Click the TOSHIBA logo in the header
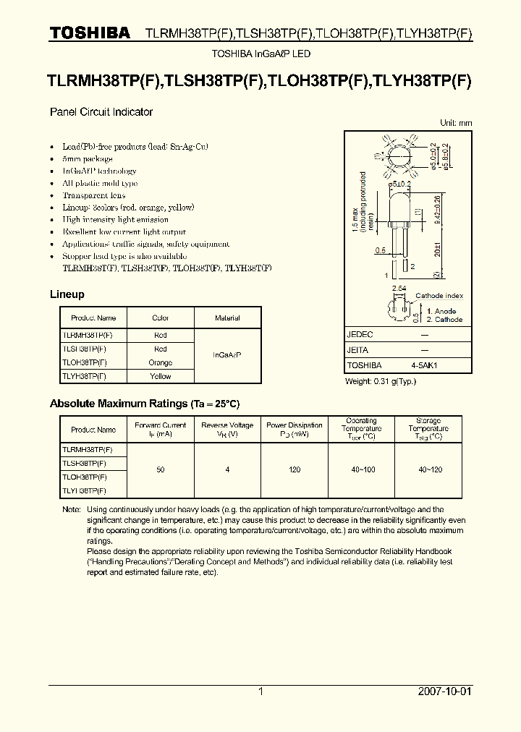89,33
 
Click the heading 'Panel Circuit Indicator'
101,112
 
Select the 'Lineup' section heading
67,294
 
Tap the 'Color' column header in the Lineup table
161,318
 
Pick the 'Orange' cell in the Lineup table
161,362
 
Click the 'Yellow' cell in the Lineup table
161,376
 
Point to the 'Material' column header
227,318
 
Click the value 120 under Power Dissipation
295,470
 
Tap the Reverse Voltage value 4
227,470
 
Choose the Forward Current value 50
161,470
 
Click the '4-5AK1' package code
424,366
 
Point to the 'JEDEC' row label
360,335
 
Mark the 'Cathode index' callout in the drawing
439,296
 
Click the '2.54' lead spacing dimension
399,289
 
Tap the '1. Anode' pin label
441,311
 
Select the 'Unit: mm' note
456,123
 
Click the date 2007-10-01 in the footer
444,691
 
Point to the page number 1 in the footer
260,691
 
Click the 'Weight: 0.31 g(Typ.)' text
381,381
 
